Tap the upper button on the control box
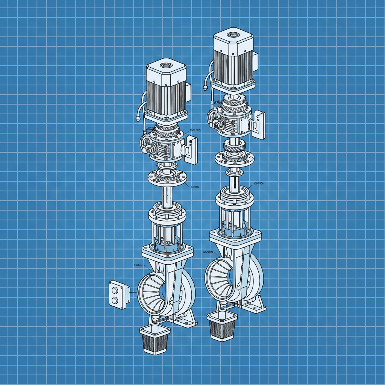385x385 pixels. (115, 289)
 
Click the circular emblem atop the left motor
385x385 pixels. (165, 66)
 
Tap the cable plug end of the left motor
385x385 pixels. (138, 119)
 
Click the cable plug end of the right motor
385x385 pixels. (205, 88)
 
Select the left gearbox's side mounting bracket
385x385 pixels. (191, 150)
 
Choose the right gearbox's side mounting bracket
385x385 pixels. (259, 124)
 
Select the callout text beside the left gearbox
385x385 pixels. (196, 129)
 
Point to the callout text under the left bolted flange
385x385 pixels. (195, 186)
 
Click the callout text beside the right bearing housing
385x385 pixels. (260, 183)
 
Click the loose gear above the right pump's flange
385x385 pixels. (233, 145)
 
